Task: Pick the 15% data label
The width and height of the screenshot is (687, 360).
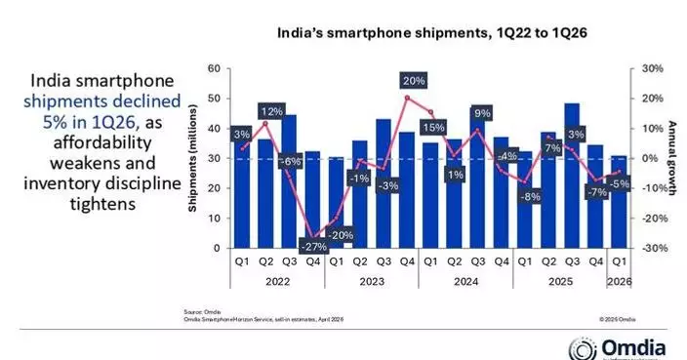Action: coord(429,127)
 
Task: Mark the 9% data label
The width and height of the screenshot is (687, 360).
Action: coord(481,113)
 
